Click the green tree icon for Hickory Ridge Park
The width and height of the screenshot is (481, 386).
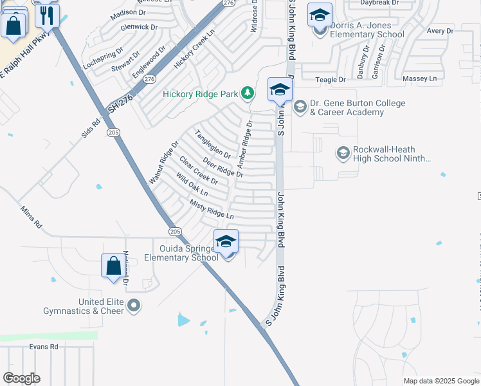(247, 94)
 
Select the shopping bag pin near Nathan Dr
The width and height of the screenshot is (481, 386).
(113, 266)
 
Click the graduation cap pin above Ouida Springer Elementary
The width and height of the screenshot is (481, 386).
(226, 242)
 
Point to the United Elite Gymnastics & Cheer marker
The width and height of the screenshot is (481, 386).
(133, 305)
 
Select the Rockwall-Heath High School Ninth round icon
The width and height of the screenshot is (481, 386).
(343, 153)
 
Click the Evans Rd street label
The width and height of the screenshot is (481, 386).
(44, 346)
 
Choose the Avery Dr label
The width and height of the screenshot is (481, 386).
(440, 31)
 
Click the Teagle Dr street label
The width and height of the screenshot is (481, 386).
(330, 79)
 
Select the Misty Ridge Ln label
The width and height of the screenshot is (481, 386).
(211, 210)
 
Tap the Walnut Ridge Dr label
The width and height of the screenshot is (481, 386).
(163, 164)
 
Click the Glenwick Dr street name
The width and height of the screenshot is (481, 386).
(139, 27)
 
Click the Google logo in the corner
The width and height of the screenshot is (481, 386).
(21, 378)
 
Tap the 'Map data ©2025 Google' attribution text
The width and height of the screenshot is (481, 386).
(440, 381)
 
